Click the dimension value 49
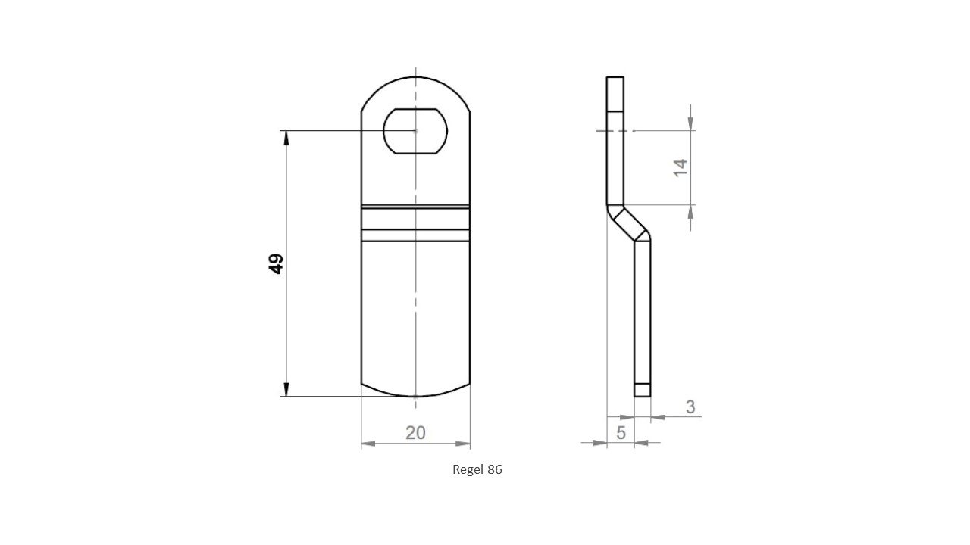tap(276, 263)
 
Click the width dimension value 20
tap(415, 433)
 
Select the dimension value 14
tap(680, 167)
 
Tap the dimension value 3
tap(690, 406)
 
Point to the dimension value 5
tap(621, 433)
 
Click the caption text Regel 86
tap(477, 469)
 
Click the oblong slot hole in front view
tap(415, 132)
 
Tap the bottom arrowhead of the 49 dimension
tap(286, 389)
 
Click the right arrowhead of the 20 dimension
tap(463, 444)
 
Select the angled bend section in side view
tap(629, 223)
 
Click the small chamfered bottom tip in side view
tap(642, 391)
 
